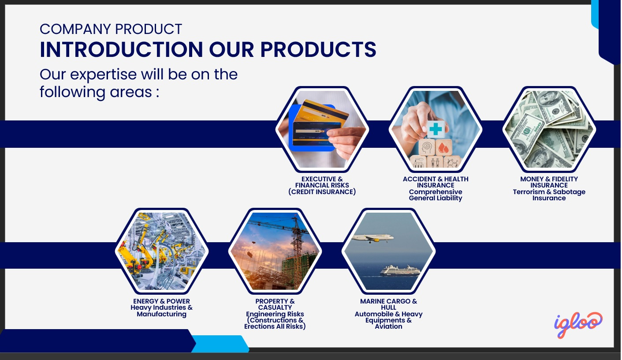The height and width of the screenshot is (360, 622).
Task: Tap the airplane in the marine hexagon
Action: pyautogui.click(x=372, y=238)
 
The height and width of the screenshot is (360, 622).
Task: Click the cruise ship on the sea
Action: pyautogui.click(x=400, y=270)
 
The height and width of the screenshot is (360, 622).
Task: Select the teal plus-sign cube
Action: pyautogui.click(x=436, y=129)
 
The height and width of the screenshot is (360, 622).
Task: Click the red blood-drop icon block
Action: pyautogui.click(x=443, y=147)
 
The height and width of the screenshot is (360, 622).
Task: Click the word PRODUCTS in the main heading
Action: pyautogui.click(x=318, y=49)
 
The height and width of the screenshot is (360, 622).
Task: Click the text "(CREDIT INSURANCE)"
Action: pyautogui.click(x=322, y=192)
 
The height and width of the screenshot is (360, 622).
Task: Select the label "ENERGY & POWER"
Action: pyautogui.click(x=161, y=301)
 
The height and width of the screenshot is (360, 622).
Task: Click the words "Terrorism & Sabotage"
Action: pyautogui.click(x=549, y=192)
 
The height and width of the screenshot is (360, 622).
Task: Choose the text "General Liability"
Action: pyautogui.click(x=436, y=198)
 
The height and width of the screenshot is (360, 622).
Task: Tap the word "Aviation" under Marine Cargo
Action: pyautogui.click(x=388, y=326)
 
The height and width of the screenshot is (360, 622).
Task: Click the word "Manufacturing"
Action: pyautogui.click(x=161, y=314)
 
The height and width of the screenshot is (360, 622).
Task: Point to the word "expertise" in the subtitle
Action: pyautogui.click(x=104, y=75)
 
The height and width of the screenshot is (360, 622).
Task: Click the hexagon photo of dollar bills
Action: pyautogui.click(x=549, y=129)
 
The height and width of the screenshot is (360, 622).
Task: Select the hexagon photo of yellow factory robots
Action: pyautogui.click(x=162, y=251)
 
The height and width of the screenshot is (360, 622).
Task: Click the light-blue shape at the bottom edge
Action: pyautogui.click(x=220, y=344)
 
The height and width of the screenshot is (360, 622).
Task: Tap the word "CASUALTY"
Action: pyautogui.click(x=275, y=307)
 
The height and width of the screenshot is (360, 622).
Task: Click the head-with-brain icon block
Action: pyautogui.click(x=427, y=147)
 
